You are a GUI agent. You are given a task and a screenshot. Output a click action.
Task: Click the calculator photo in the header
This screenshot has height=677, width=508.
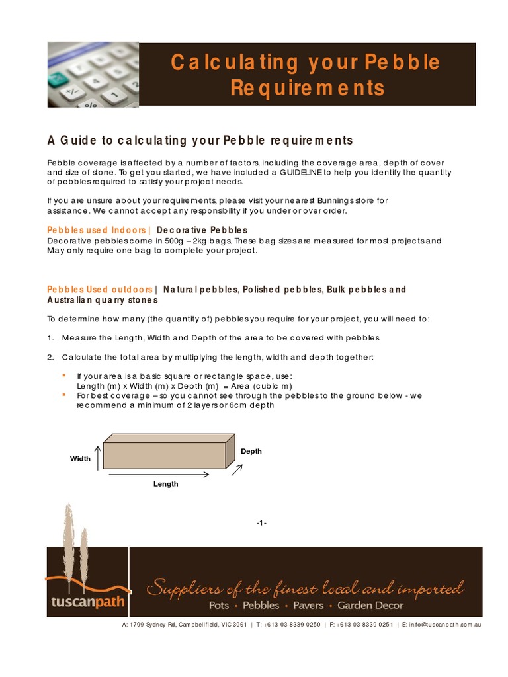tap(93, 74)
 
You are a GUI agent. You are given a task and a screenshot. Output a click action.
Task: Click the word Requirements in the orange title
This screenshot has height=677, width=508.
tap(307, 88)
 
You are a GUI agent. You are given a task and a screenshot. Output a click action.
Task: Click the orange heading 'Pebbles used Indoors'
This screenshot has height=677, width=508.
tap(97, 230)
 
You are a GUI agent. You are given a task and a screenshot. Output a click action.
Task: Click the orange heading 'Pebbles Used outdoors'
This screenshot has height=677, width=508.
tap(100, 290)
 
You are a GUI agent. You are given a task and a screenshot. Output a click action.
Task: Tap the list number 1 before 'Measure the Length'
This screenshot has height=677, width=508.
tap(50, 338)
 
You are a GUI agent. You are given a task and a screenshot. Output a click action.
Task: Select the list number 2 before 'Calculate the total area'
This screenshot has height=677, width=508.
tap(50, 358)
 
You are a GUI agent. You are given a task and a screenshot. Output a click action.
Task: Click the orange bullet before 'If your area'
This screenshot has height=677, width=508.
tap(63, 375)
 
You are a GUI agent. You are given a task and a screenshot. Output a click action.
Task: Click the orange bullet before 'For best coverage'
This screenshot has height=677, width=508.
tap(63, 395)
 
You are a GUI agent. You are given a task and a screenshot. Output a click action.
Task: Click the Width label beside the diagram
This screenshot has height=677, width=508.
tap(80, 458)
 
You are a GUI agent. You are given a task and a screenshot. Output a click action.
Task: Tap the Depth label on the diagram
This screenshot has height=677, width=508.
tap(251, 452)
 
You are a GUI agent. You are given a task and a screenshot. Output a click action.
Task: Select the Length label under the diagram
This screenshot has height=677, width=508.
tap(166, 484)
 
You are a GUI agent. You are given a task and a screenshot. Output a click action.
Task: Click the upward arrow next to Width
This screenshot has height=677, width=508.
tap(98, 457)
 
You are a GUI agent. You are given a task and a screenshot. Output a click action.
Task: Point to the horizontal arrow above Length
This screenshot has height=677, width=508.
tap(159, 473)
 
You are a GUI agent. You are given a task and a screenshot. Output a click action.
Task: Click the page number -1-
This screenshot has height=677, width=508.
tap(261, 523)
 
